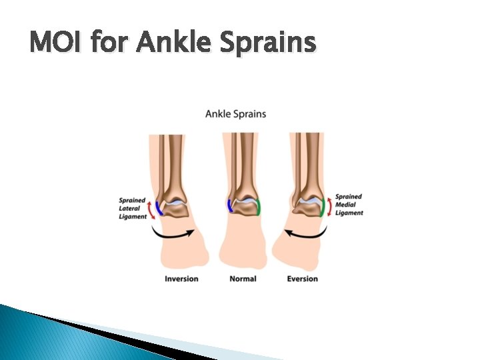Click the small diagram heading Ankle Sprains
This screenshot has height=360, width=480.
tap(235, 113)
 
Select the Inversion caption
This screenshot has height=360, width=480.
tap(181, 278)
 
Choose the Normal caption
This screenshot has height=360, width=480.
tap(242, 278)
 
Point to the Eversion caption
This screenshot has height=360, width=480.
tap(302, 278)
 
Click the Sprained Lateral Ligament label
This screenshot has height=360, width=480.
tap(132, 208)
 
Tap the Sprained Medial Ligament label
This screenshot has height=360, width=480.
tap(349, 205)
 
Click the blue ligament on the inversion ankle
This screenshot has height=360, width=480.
tap(159, 207)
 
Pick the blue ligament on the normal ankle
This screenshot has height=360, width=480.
tap(229, 206)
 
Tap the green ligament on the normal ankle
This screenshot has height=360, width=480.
tap(259, 207)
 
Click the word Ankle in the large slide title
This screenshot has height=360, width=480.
tap(175, 43)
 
